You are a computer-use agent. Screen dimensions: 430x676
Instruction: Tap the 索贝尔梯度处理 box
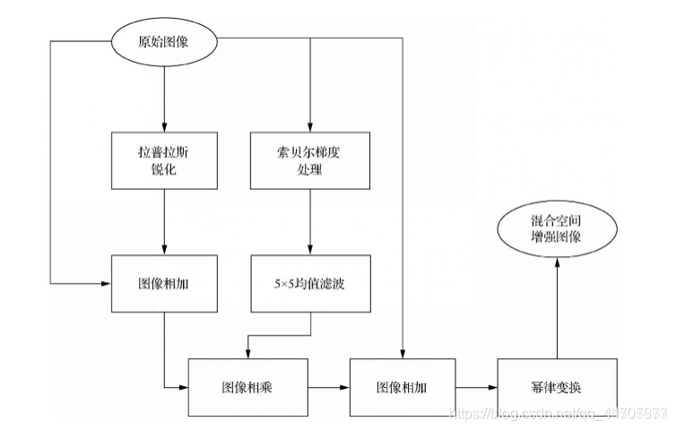309,160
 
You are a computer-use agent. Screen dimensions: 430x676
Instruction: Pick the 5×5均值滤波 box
309,283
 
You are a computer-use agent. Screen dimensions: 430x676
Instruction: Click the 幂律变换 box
558,388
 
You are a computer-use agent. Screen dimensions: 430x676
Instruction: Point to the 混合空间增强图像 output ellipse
558,229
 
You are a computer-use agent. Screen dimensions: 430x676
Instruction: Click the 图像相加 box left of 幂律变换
403,388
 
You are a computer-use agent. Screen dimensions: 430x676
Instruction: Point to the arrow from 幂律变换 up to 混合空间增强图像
558,305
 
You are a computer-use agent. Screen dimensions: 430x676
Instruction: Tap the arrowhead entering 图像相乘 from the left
183,388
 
